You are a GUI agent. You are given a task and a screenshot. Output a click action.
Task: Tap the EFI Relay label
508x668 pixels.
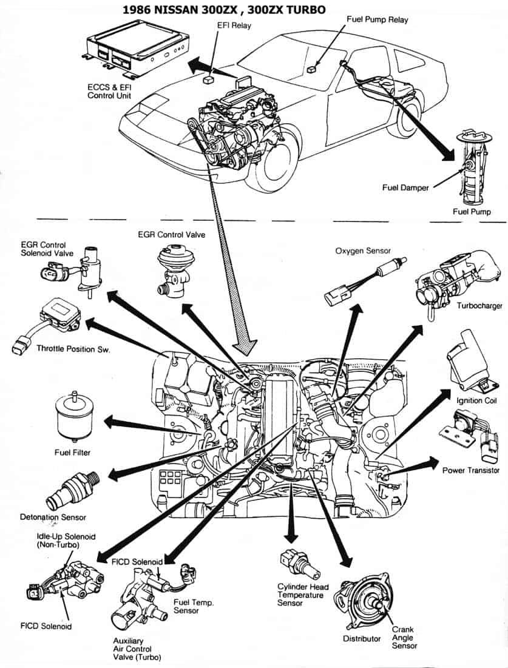(x=234, y=25)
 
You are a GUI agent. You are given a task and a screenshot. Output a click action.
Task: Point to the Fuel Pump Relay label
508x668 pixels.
(x=377, y=19)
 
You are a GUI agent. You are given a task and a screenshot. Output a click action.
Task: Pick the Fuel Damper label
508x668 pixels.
(x=405, y=187)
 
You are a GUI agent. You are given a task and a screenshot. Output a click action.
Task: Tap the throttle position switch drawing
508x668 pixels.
(x=49, y=322)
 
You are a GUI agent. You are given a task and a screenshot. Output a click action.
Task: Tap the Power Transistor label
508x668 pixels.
(x=470, y=470)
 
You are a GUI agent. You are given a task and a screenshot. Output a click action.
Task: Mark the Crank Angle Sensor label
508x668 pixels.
(x=404, y=638)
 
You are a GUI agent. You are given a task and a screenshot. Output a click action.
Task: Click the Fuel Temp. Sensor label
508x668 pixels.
(x=194, y=607)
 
